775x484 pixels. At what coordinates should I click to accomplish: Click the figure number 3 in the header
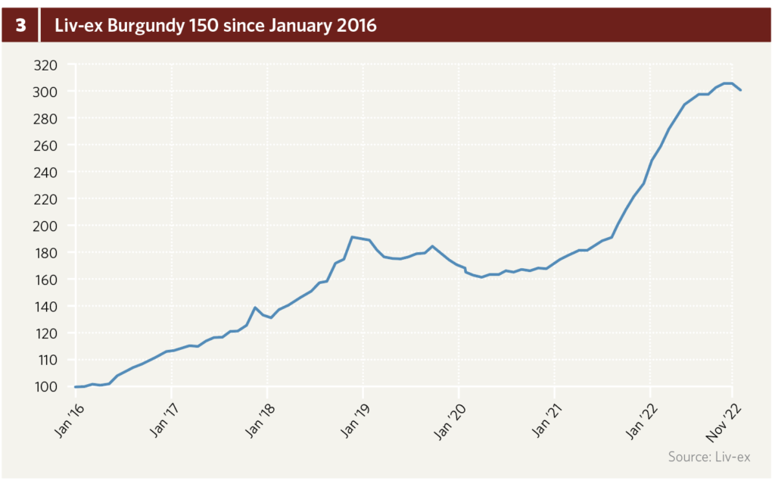[20, 25]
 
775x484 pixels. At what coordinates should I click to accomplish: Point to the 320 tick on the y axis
[46, 65]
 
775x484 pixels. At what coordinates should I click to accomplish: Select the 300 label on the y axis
[46, 92]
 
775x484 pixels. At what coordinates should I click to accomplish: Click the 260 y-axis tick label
[46, 145]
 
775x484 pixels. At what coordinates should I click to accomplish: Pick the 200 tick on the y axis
[46, 226]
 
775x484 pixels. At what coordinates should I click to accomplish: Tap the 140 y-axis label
[46, 307]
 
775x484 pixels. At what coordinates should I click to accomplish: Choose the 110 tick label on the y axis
[46, 361]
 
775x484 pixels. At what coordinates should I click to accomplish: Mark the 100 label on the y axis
[46, 387]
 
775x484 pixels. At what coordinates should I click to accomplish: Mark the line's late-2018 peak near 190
[352, 237]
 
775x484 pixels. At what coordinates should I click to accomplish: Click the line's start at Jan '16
[76, 387]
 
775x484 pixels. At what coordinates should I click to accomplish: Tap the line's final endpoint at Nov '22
[741, 90]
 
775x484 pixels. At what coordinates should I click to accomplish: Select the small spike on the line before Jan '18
[256, 308]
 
